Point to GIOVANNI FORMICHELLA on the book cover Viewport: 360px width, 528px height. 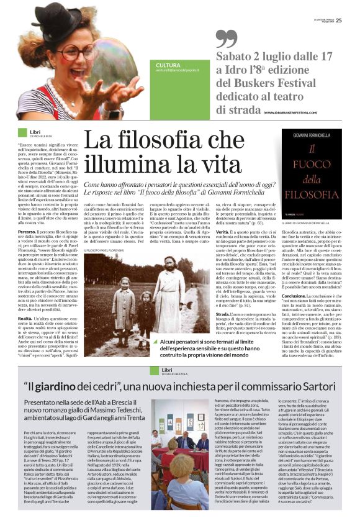pyautogui.click(x=307, y=134)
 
